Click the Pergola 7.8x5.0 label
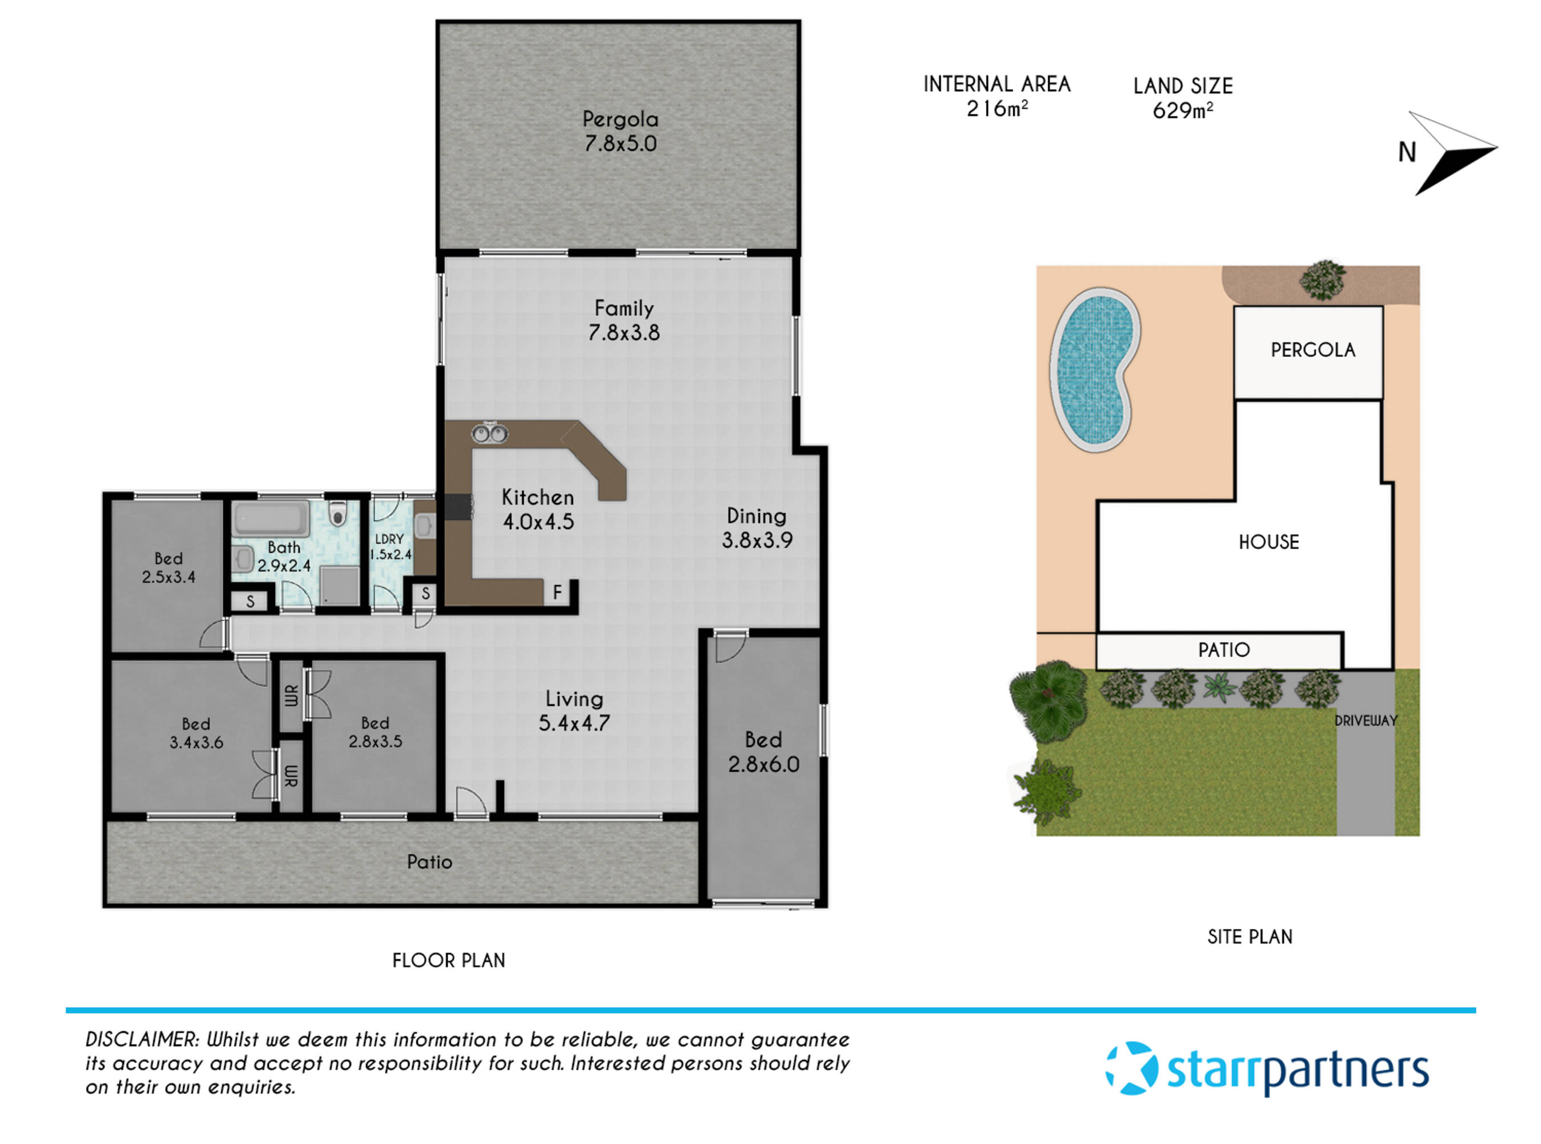pyautogui.click(x=620, y=132)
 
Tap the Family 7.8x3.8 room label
pyautogui.click(x=623, y=320)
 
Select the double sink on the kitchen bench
pyautogui.click(x=489, y=434)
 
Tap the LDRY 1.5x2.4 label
pyautogui.click(x=390, y=546)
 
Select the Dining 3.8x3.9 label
pyautogui.click(x=756, y=528)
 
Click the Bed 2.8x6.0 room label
pyautogui.click(x=763, y=752)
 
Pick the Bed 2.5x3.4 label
pyautogui.click(x=168, y=568)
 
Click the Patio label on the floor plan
pyautogui.click(x=429, y=862)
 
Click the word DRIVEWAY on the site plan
pyautogui.click(x=1365, y=721)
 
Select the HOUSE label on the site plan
pyautogui.click(x=1268, y=542)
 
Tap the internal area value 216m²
pyautogui.click(x=996, y=109)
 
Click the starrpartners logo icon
pyautogui.click(x=1130, y=1068)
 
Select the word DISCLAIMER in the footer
pyautogui.click(x=142, y=1039)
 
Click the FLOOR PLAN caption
pyautogui.click(x=449, y=960)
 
